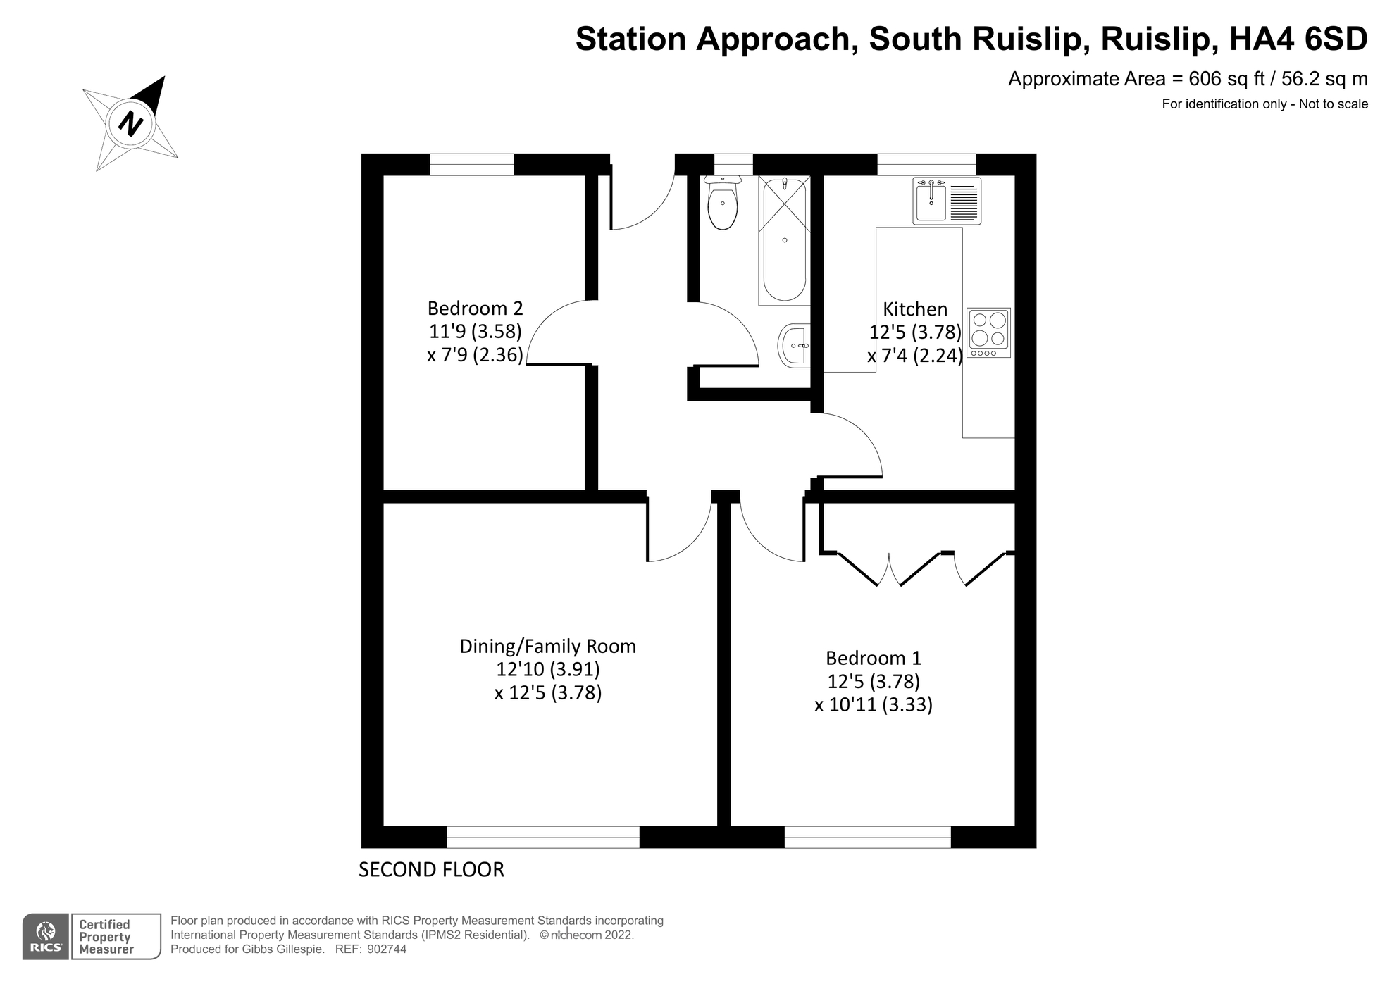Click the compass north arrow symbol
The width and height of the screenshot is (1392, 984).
click(x=131, y=123)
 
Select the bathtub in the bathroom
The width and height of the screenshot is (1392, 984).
click(x=784, y=239)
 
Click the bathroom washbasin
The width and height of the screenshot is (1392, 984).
click(x=795, y=346)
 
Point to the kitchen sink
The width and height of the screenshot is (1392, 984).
click(x=946, y=201)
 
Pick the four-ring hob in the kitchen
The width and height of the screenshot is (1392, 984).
click(x=988, y=332)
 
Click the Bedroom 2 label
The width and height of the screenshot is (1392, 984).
click(x=475, y=309)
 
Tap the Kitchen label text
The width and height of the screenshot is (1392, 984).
click(x=914, y=309)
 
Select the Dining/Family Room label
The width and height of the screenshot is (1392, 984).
click(x=547, y=647)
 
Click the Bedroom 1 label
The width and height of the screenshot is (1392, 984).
click(x=873, y=659)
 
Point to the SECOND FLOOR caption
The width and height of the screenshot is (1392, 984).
click(x=431, y=870)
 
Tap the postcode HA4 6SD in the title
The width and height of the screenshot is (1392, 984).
click(x=1298, y=39)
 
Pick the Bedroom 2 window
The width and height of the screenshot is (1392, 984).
click(x=471, y=164)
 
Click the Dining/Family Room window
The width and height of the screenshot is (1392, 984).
click(x=542, y=837)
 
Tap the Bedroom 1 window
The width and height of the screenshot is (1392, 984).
click(x=867, y=837)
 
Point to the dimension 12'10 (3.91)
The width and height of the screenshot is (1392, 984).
click(x=547, y=669)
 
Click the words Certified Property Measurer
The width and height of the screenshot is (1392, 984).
click(x=106, y=937)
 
